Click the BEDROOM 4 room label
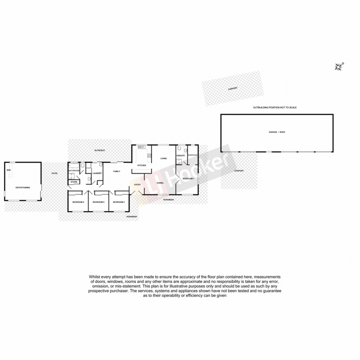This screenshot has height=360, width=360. coord(78,202)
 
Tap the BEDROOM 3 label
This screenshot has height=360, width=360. coord(99,202)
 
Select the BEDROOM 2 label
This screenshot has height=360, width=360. coord(118,202)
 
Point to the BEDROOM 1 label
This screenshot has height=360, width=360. coord(188,179)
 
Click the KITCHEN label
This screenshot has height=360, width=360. coord(142,166)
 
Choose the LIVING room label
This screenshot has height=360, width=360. coord(164,158)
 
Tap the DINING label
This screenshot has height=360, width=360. coord(160,183)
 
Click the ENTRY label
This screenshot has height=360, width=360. coord(137,184)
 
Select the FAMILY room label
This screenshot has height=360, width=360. coord(117,171)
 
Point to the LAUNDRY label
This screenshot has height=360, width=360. coord(97,173)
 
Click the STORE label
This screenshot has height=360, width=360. coord(74,182)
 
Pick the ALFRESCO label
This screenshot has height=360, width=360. coord(99,149)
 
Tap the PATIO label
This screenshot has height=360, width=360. coord(54,173)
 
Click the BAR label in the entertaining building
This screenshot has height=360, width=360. coord(9,170)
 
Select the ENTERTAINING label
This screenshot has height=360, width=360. coord(22,187)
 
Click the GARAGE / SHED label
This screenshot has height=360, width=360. coord(277,132)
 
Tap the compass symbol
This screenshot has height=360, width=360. coord(339,67)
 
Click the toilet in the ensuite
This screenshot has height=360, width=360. coord(179,148)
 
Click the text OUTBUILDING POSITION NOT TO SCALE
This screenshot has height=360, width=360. coord(275,108)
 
